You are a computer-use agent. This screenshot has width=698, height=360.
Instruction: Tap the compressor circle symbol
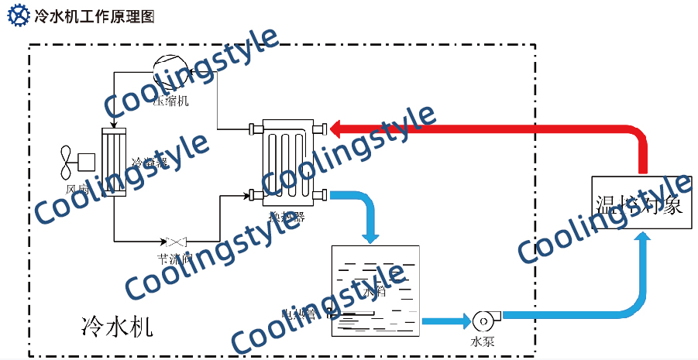167,71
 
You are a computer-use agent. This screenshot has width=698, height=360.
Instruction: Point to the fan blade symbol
66,161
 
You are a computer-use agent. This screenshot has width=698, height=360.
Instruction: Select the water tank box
375,290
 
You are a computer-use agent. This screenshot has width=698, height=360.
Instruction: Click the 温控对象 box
639,204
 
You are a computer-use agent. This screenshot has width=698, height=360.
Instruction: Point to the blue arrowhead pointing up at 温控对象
641,240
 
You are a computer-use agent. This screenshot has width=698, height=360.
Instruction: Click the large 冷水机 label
117,325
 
